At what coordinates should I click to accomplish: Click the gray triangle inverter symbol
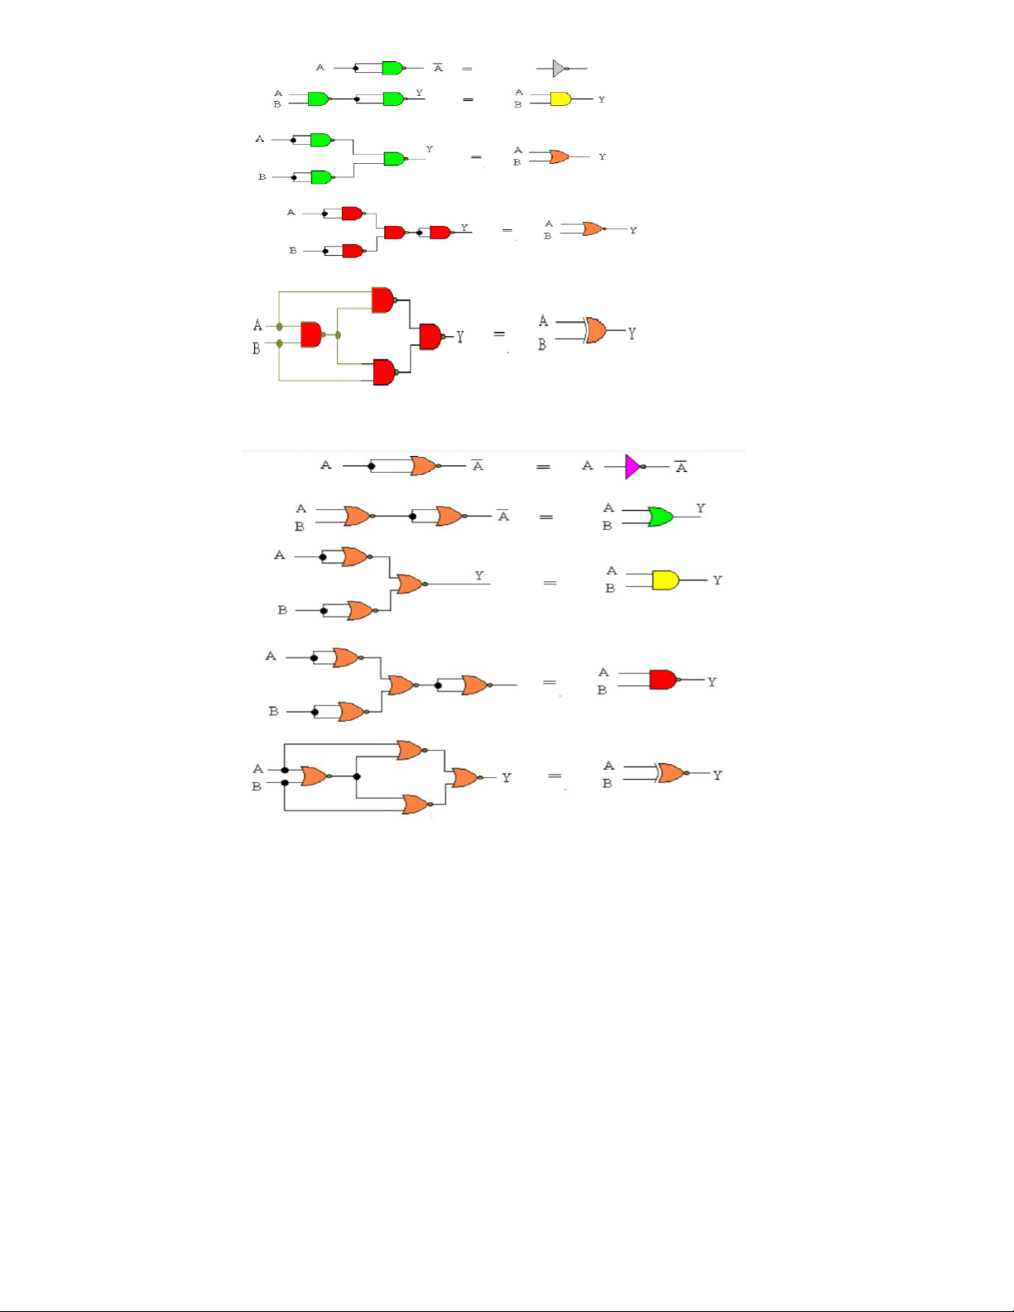pyautogui.click(x=560, y=68)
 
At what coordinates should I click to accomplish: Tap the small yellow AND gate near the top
pyautogui.click(x=560, y=99)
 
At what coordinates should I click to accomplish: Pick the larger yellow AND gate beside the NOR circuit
pyautogui.click(x=666, y=580)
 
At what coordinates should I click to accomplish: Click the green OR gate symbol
pyautogui.click(x=661, y=517)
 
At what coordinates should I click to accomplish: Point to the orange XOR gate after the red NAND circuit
pyautogui.click(x=596, y=330)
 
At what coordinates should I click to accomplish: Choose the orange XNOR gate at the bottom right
pyautogui.click(x=671, y=773)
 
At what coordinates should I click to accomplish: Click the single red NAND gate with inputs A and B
pyautogui.click(x=665, y=680)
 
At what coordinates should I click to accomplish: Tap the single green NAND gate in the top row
pyautogui.click(x=393, y=68)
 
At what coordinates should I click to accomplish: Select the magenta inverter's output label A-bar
pyautogui.click(x=681, y=467)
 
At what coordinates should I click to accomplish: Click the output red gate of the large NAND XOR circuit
pyautogui.click(x=431, y=336)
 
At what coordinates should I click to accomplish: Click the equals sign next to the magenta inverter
pyautogui.click(x=543, y=467)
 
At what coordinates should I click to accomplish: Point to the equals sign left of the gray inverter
pyautogui.click(x=467, y=69)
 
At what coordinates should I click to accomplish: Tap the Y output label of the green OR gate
pyautogui.click(x=700, y=507)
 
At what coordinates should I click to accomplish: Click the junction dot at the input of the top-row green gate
pyautogui.click(x=355, y=68)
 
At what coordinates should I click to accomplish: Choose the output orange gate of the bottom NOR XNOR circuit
pyautogui.click(x=467, y=777)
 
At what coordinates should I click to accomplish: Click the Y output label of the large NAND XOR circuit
pyautogui.click(x=460, y=336)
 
